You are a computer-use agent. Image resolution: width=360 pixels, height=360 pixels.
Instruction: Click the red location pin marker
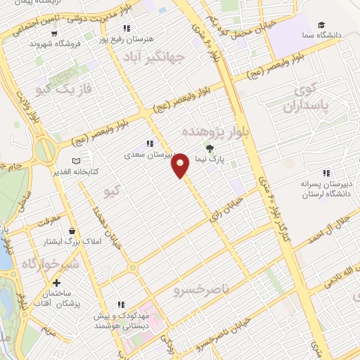(x=181, y=165)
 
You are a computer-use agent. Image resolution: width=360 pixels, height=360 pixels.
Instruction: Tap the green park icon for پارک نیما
(x=210, y=148)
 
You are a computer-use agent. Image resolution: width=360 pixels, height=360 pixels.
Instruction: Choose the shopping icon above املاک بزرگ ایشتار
(x=72, y=231)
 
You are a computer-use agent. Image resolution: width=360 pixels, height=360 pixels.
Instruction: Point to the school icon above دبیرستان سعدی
(x=149, y=143)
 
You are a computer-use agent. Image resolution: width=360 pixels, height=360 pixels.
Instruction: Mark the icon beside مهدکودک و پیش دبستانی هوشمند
(x=122, y=305)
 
